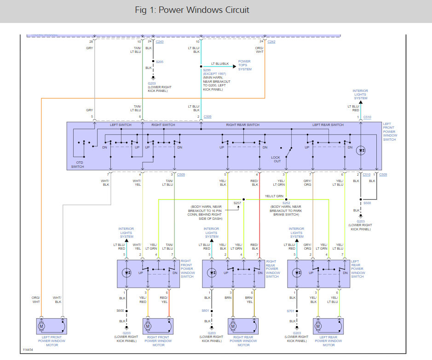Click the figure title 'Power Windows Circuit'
point(192,10)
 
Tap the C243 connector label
point(160,42)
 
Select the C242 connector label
point(271,42)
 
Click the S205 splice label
point(160,61)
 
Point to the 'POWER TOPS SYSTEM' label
point(244,65)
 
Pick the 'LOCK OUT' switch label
point(276,159)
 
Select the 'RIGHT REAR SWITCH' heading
point(242,125)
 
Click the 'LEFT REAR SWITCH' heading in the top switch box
point(328,125)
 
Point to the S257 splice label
point(237,203)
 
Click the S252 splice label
point(286,203)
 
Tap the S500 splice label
point(367,203)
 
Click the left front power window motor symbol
point(41,326)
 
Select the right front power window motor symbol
point(148,326)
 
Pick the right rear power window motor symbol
point(233,326)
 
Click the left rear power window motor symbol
point(317,326)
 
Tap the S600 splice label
point(120,311)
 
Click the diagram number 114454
point(28,350)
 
